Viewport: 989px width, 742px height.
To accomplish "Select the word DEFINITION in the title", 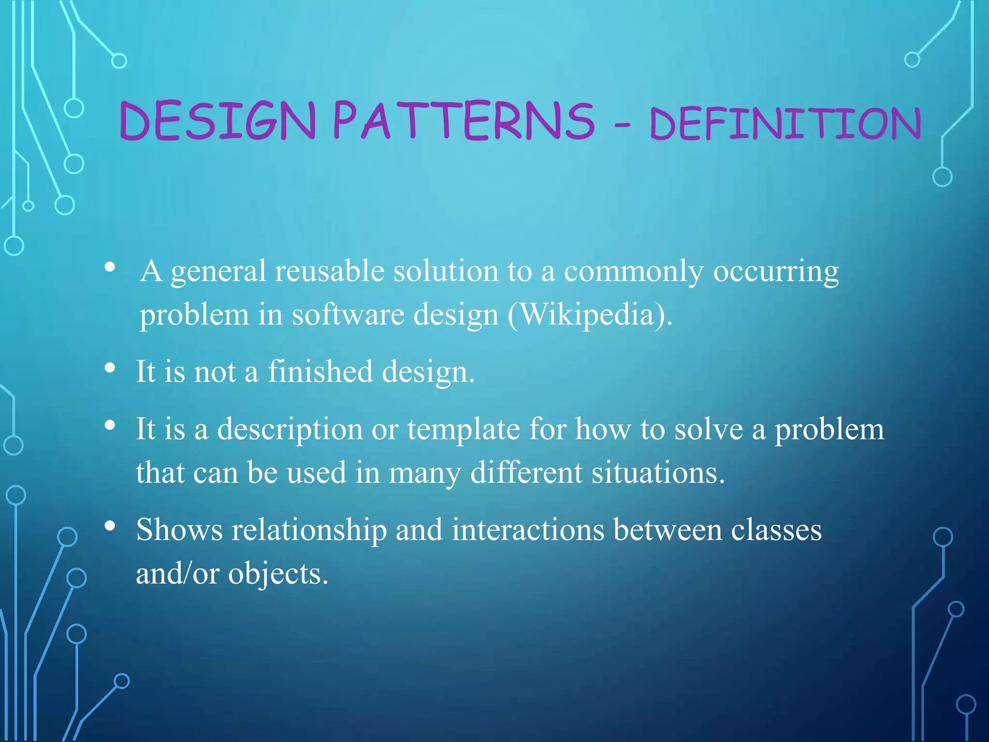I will point(785,123).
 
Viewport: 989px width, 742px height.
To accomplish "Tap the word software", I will point(348,314).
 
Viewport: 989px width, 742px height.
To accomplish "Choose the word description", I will point(290,429).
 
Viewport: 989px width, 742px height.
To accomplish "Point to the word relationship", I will point(309,530).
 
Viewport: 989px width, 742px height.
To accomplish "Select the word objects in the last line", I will point(278,574).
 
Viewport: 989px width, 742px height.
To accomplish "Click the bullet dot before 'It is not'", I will point(110,369).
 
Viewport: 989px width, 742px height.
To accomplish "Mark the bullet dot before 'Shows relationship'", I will point(110,526).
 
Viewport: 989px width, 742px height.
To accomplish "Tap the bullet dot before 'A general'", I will point(110,267).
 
